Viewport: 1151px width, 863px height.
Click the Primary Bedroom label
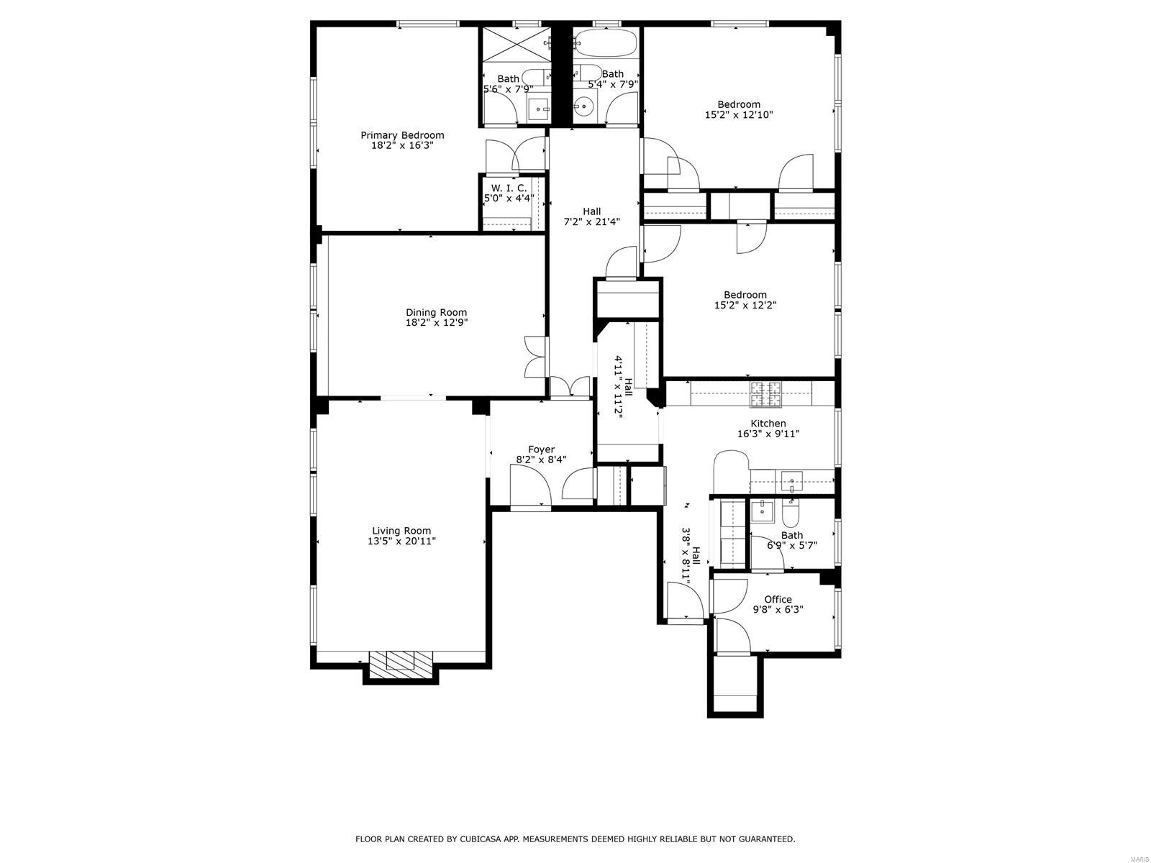(401, 135)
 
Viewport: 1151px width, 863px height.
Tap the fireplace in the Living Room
(401, 662)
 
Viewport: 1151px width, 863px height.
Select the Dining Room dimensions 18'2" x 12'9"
(436, 323)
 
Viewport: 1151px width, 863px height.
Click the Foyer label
(541, 449)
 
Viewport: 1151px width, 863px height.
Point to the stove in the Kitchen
(766, 393)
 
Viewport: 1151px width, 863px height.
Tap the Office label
(778, 599)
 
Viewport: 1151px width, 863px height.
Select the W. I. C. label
(509, 188)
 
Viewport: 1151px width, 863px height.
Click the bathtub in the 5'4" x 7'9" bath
(605, 43)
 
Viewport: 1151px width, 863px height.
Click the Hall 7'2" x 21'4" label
(591, 211)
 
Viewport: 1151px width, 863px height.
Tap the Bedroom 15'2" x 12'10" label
(738, 104)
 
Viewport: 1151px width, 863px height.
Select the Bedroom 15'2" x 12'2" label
(745, 295)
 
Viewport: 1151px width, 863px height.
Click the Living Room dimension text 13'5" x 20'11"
(401, 541)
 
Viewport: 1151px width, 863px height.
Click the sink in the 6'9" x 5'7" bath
(760, 512)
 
